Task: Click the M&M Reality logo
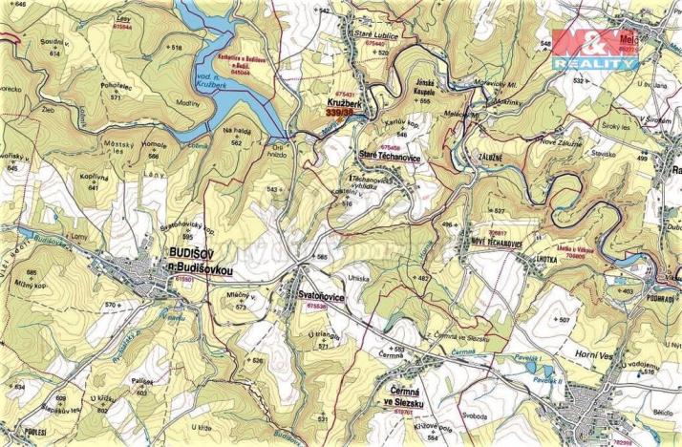pyautogui.click(x=593, y=48)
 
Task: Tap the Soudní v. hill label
pyautogui.click(x=53, y=43)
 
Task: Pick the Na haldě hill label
pyautogui.click(x=236, y=131)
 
